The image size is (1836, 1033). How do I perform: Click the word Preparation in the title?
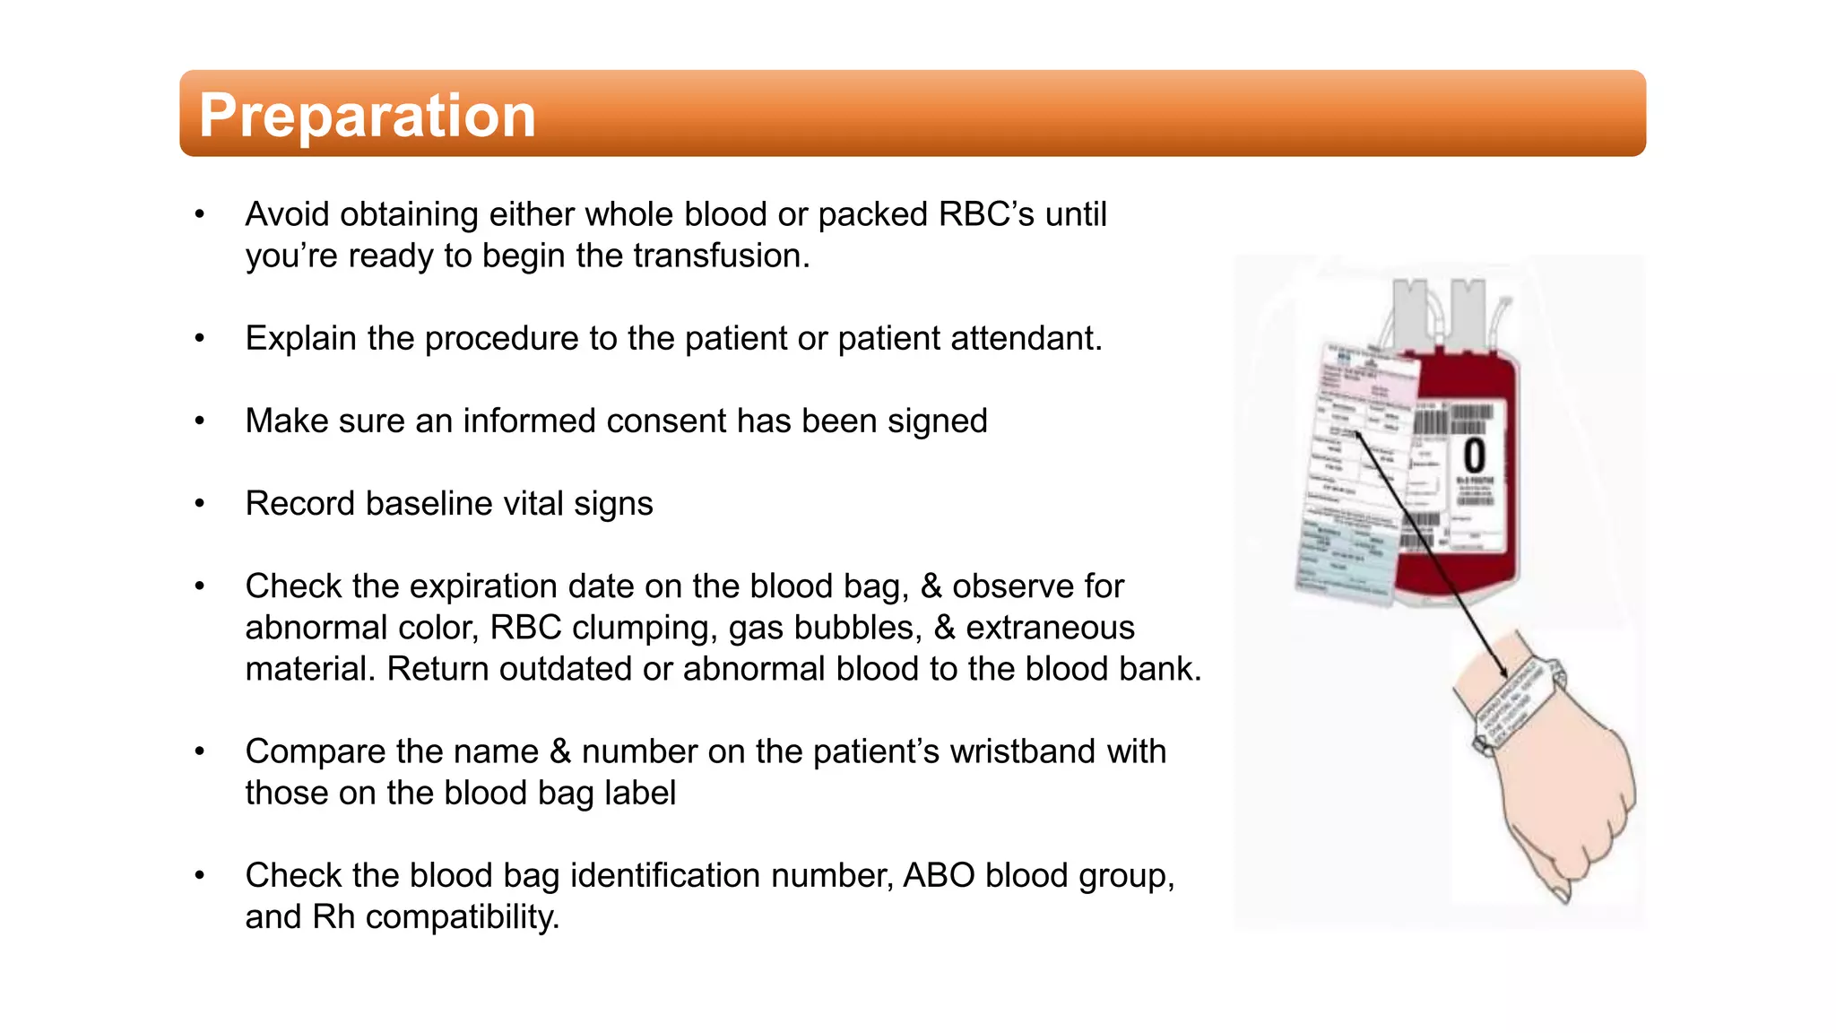367,115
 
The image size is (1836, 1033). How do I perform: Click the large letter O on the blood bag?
1475,456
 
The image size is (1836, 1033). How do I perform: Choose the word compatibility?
462,917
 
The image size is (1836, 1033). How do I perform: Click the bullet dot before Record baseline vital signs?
200,504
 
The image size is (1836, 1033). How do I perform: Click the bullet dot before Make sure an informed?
200,421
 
